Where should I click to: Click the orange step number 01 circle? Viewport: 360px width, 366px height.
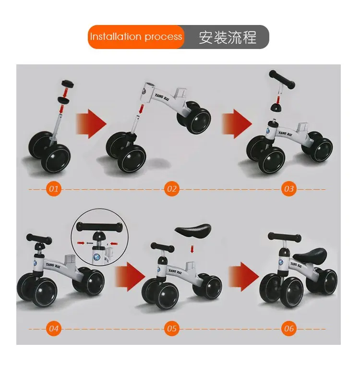point(54,189)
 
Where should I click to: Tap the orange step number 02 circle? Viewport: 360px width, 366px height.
point(172,189)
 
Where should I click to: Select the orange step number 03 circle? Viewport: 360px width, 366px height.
point(288,189)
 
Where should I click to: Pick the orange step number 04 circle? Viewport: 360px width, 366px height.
point(54,329)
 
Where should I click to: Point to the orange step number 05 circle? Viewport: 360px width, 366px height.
point(172,329)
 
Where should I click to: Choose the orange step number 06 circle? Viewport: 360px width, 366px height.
point(288,329)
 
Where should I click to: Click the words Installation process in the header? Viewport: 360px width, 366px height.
point(136,37)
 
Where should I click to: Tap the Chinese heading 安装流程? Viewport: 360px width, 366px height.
point(228,37)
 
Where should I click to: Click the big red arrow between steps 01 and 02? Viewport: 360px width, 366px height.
point(91,124)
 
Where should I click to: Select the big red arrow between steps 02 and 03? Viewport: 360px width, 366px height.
point(237,124)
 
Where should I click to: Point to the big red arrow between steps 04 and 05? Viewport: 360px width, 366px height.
point(130,277)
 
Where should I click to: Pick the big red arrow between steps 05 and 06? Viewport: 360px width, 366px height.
point(243,277)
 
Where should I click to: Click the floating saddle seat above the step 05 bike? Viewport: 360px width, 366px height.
point(193,230)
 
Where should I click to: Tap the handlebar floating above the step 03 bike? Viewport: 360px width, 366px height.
point(282,80)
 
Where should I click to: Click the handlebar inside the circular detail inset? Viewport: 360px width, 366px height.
point(99,227)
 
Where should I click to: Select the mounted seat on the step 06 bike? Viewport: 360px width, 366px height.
point(310,256)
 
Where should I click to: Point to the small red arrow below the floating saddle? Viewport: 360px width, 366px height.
point(192,249)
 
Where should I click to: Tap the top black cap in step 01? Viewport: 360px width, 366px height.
point(67,84)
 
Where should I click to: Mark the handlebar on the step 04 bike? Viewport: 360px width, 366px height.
point(39,239)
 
